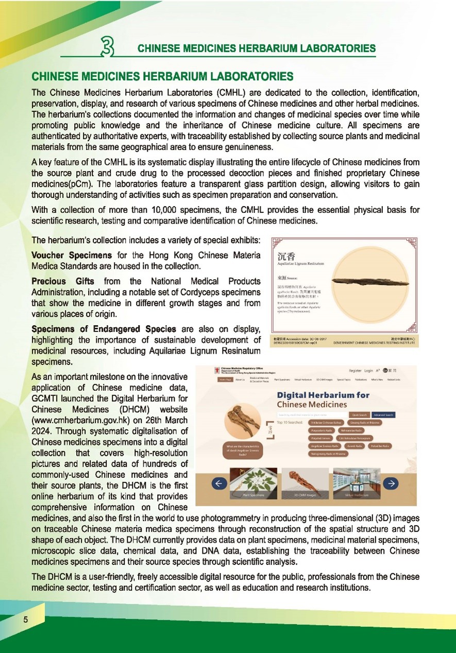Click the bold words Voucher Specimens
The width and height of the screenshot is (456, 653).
(x=71, y=255)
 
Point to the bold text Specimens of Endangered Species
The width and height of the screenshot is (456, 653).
(x=104, y=329)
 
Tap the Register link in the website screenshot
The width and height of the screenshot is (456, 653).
(x=355, y=371)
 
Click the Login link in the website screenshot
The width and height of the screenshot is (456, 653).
(x=369, y=371)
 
